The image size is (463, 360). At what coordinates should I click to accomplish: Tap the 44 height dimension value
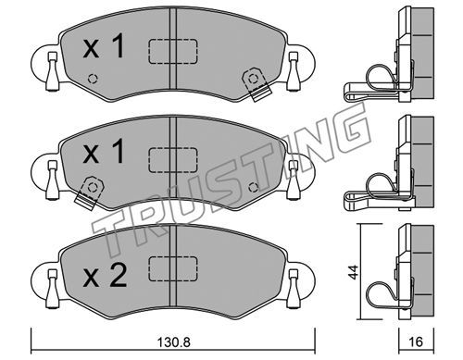tap(354, 272)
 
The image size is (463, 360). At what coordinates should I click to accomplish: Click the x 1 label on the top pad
tap(104, 46)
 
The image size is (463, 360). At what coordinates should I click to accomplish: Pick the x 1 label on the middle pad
tap(104, 151)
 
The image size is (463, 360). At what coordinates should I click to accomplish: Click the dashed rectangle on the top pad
tap(173, 52)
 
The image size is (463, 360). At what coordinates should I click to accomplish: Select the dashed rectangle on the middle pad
tap(173, 160)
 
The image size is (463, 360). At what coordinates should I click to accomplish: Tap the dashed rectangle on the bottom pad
tap(173, 268)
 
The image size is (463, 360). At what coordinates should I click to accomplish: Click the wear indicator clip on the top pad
tap(256, 84)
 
